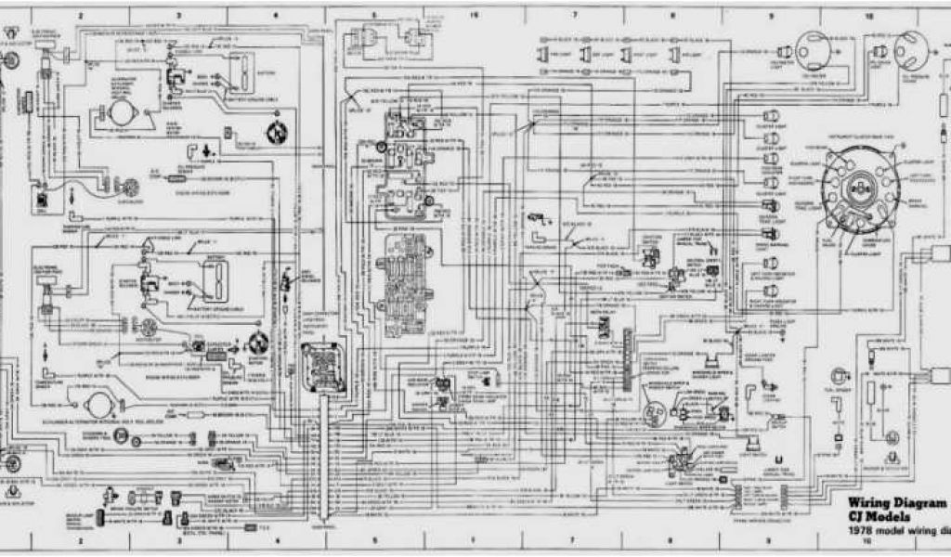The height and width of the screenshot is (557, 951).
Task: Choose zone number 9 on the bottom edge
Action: pos(769,539)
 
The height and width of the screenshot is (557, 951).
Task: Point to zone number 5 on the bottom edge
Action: pos(374,539)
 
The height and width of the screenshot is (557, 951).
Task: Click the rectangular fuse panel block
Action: pos(406,269)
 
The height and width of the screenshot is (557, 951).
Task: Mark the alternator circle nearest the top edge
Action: pos(118,111)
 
